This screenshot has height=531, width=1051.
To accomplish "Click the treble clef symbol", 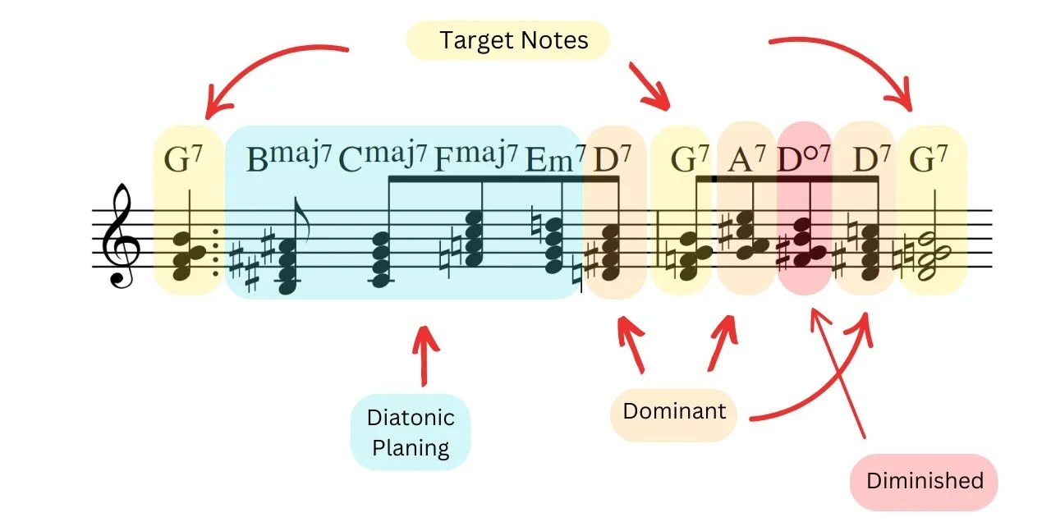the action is [x=121, y=236].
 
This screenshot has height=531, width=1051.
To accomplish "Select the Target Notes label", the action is [x=514, y=40].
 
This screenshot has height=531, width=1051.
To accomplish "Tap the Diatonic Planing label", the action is [x=411, y=433].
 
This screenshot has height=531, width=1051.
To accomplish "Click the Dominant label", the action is [x=674, y=411].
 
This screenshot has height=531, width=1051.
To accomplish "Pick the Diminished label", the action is [x=925, y=481].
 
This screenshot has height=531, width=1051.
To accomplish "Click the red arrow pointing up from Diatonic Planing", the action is [x=425, y=355].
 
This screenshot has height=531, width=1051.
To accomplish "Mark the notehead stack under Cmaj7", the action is [x=380, y=259].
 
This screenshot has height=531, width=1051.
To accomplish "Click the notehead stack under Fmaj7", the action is [x=474, y=238].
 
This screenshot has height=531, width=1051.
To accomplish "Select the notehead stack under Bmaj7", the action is [x=287, y=267].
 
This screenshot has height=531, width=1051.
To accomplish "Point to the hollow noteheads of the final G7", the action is [x=933, y=255].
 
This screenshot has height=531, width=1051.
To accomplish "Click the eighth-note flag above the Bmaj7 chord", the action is [x=301, y=219].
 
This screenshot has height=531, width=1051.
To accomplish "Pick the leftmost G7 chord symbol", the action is [x=183, y=158].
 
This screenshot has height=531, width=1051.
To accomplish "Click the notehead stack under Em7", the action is [x=553, y=245].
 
